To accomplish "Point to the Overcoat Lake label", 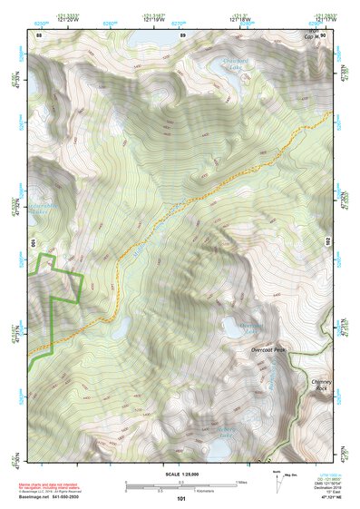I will point(251,328).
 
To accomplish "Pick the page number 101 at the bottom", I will point(181,500).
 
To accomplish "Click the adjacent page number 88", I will point(40,34).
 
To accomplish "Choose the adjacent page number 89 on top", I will point(182,34).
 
